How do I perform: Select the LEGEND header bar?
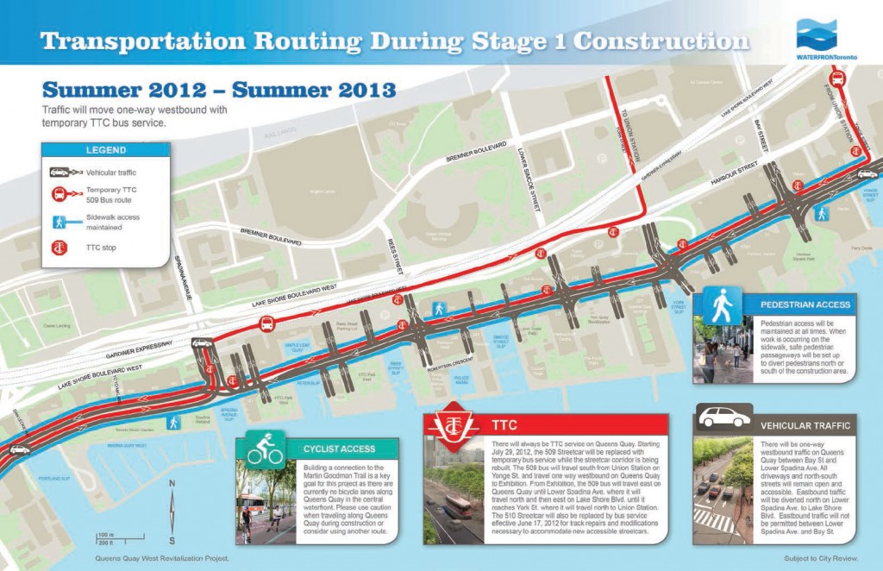tap(105, 150)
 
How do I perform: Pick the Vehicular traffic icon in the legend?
tap(59, 173)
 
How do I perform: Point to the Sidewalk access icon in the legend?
tap(60, 222)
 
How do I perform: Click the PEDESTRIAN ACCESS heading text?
tap(805, 304)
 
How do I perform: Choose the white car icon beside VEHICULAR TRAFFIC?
tap(723, 419)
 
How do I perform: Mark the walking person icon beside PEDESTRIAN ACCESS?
tap(721, 304)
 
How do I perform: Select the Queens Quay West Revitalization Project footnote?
tap(163, 559)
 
